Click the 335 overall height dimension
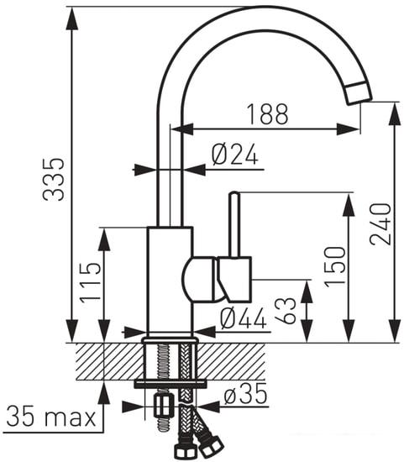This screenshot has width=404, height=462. (55, 178)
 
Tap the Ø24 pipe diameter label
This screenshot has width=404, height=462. (233, 155)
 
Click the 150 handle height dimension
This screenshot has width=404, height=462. (334, 265)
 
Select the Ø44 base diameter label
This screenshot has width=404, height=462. (242, 318)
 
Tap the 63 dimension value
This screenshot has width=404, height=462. (290, 310)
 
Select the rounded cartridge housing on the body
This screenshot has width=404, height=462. (200, 279)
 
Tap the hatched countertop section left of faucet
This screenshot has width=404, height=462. (105, 361)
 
